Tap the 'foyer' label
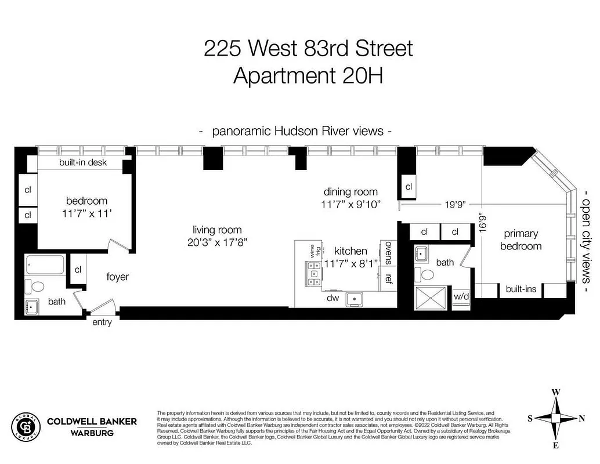117,277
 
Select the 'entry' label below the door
102,322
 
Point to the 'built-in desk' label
83,162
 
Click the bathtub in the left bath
46,266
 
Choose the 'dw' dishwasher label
332,298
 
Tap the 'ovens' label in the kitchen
388,253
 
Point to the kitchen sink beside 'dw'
354,299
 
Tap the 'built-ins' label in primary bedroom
521,288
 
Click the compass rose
555,418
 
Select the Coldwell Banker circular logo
27,426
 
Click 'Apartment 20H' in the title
308,75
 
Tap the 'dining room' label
350,191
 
